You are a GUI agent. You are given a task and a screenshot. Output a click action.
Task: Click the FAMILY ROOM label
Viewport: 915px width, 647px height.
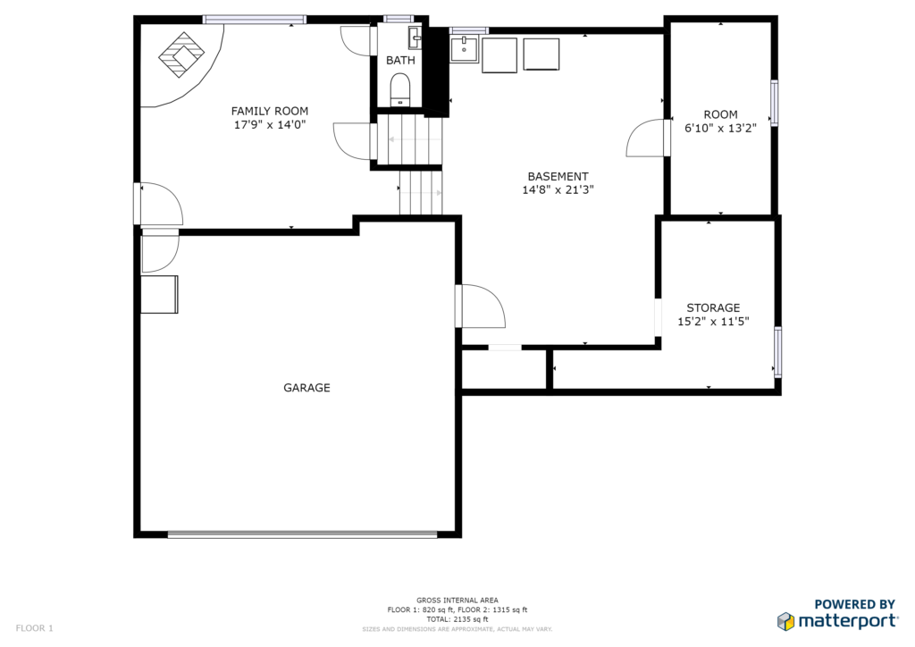(x=270, y=111)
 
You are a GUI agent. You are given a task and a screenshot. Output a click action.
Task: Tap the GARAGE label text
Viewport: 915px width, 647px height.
(x=307, y=387)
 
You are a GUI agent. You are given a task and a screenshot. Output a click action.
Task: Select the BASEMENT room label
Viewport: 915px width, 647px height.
(x=558, y=176)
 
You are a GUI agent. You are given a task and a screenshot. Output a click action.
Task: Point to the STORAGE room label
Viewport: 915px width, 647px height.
(x=713, y=307)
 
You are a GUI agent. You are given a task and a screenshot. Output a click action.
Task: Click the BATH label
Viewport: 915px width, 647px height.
(x=401, y=60)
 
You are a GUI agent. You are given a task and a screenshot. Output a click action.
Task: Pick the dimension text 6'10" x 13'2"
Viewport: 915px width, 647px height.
(x=721, y=129)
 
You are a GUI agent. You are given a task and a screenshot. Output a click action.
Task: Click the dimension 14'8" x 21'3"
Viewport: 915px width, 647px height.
(x=558, y=189)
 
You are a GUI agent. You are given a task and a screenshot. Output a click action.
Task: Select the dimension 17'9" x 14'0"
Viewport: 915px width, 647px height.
(x=270, y=124)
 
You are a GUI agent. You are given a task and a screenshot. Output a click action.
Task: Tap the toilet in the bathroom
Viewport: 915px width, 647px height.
(x=400, y=89)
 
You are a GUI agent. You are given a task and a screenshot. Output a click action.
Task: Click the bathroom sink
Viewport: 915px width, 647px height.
(x=415, y=38)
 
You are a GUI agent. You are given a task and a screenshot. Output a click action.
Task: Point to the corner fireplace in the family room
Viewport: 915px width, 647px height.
(x=181, y=55)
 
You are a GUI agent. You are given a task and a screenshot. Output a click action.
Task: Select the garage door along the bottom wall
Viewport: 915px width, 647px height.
(x=302, y=534)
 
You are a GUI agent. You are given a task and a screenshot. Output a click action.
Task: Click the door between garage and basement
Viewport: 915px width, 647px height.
(x=480, y=307)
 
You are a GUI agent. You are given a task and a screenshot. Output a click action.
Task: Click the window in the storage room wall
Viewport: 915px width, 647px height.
(x=778, y=352)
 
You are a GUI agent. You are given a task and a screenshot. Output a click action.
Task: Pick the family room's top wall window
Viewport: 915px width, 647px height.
(x=255, y=20)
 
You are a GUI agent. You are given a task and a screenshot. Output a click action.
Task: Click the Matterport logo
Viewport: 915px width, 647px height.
(x=837, y=614)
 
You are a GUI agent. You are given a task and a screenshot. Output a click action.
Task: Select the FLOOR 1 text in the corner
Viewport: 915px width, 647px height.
(x=35, y=628)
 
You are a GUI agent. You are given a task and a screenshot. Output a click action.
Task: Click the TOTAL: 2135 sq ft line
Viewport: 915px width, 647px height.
(x=457, y=619)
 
